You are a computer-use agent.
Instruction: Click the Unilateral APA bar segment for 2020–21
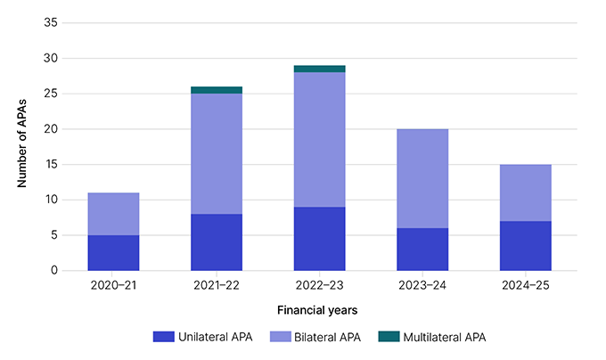point(113,252)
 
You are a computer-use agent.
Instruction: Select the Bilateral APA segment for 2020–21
point(113,214)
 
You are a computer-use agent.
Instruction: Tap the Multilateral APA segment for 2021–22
point(217,90)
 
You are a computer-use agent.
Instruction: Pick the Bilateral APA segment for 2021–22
point(217,153)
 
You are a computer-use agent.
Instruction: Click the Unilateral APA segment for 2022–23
point(319,238)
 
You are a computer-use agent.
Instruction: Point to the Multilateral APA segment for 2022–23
point(319,69)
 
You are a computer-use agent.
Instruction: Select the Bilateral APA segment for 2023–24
point(422,178)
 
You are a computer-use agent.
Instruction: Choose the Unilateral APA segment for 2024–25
point(526,245)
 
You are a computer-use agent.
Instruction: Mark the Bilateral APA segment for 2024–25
point(526,192)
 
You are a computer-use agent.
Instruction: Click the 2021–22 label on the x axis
point(217,285)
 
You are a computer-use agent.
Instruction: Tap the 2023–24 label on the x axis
point(422,285)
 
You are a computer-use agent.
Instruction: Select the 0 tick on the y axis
point(53,270)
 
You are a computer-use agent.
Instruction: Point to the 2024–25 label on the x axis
point(526,285)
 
